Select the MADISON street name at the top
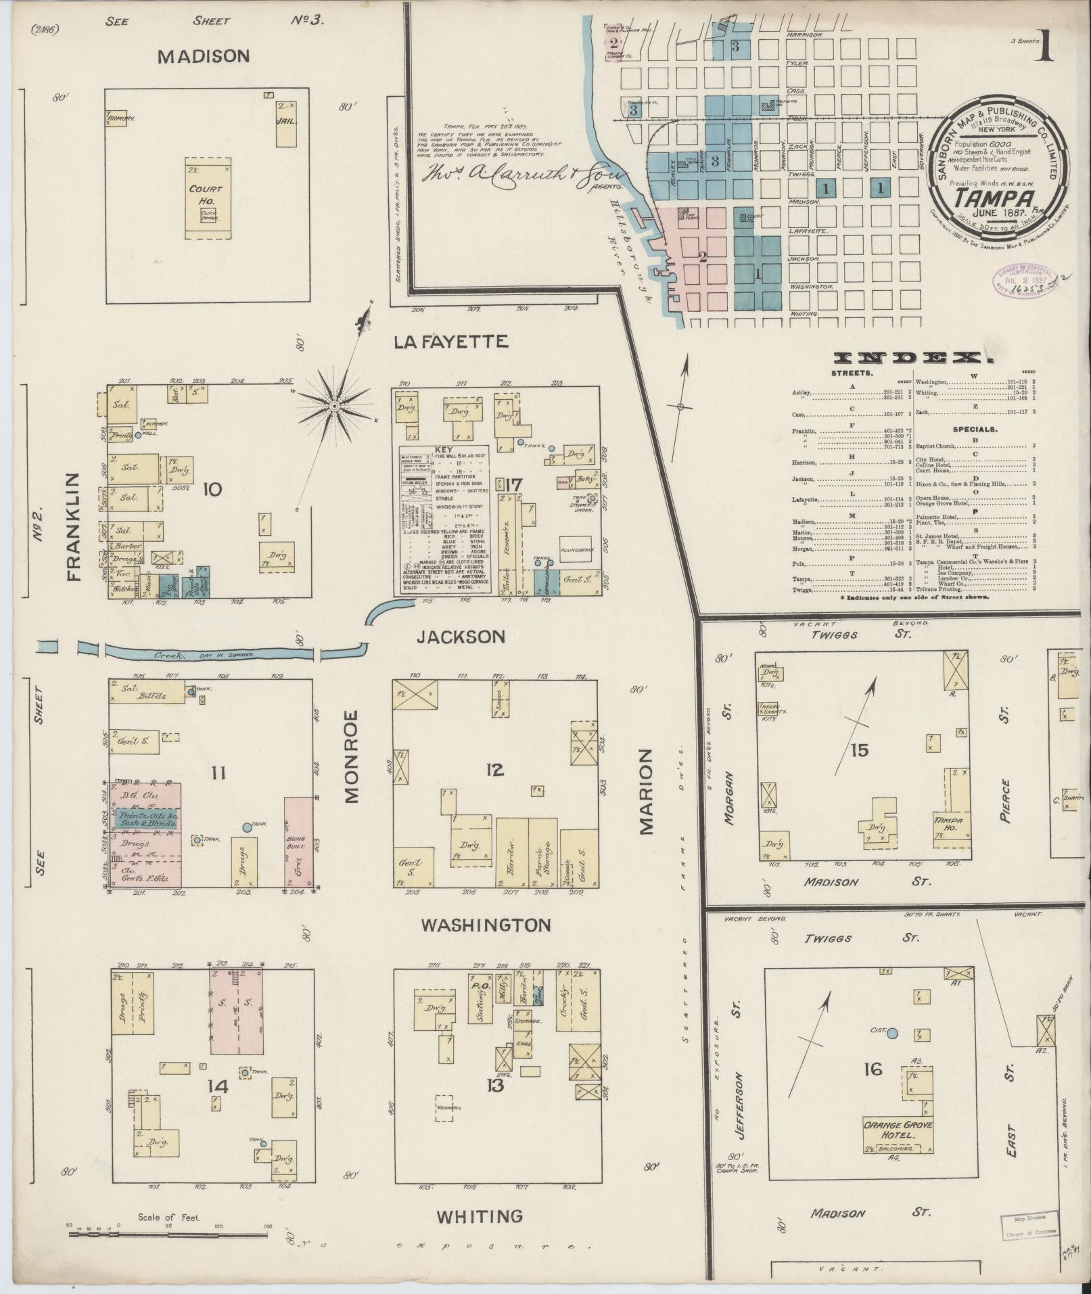(193, 57)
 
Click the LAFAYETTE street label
(450, 342)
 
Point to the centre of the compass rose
(334, 406)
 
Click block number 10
(212, 489)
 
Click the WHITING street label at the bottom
(480, 1216)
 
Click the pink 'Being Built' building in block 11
(296, 841)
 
